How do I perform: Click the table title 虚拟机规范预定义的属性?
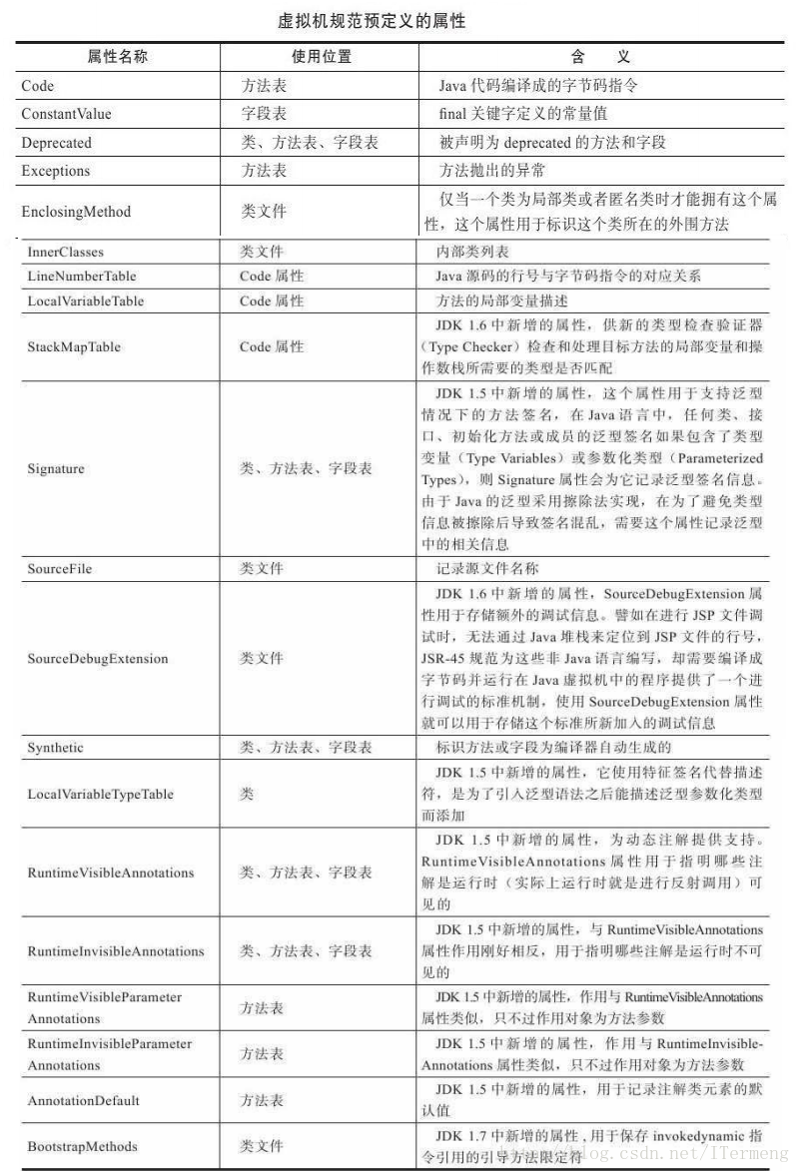click(x=372, y=19)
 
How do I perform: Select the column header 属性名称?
click(x=118, y=57)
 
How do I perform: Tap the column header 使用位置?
click(x=322, y=57)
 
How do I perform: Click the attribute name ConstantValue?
click(x=66, y=114)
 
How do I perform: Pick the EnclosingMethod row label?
click(x=76, y=212)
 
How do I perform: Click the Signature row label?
click(x=56, y=468)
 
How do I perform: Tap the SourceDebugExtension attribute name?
click(x=98, y=659)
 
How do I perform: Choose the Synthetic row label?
click(x=56, y=748)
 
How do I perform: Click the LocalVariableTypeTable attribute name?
click(x=100, y=795)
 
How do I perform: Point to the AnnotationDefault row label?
click(x=84, y=1101)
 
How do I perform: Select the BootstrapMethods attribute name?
click(x=82, y=1146)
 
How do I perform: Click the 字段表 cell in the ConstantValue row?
click(x=264, y=114)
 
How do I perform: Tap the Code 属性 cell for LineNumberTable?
click(x=272, y=276)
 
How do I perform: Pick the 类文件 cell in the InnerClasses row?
click(x=262, y=252)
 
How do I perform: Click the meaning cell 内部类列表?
click(x=473, y=252)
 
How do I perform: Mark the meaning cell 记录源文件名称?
click(x=488, y=569)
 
